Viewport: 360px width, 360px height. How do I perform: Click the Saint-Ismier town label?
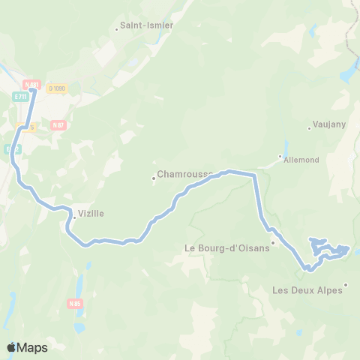(149, 25)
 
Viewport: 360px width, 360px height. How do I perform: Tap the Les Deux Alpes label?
(307, 291)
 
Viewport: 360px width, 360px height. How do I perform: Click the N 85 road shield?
(74, 304)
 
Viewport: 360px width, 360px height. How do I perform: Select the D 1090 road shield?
(58, 88)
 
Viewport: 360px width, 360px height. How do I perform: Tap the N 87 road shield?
(58, 125)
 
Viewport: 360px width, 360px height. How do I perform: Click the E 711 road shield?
(19, 96)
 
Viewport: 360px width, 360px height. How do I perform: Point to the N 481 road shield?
(30, 85)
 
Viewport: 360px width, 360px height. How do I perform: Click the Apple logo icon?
(10, 347)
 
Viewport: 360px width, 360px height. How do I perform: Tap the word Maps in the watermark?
(32, 347)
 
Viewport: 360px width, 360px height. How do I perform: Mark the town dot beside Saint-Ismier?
(117, 29)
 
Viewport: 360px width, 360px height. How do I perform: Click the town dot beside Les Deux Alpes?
(346, 284)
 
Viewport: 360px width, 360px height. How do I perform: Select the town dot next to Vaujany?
(309, 128)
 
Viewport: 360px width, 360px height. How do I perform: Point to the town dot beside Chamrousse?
(154, 178)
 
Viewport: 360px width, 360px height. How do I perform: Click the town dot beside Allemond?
(280, 157)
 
